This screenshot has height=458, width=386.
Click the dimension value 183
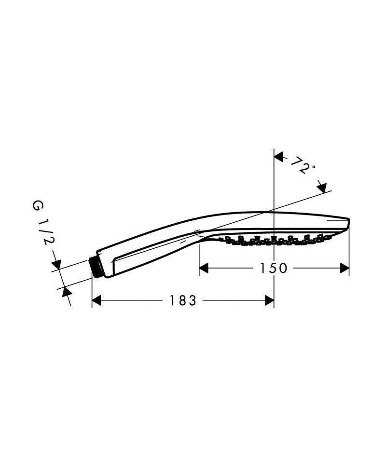183,300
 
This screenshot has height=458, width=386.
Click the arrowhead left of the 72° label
278,157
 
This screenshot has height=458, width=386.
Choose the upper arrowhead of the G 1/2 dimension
56,264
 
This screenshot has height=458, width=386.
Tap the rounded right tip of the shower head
348,223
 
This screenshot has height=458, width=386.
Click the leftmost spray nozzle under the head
221,239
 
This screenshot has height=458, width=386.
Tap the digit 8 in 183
183,300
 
